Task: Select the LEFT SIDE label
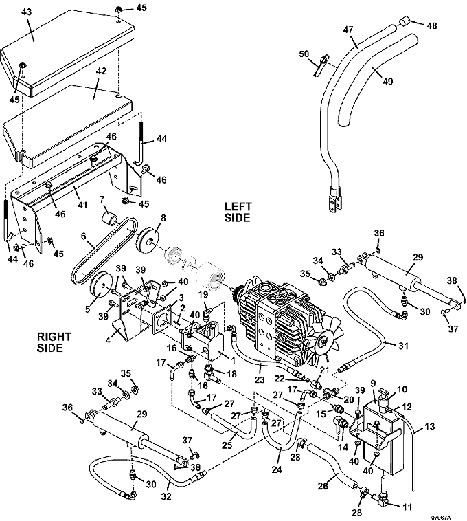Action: click(238, 212)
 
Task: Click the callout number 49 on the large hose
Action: click(388, 80)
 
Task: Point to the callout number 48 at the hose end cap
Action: click(431, 25)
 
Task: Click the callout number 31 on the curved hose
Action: click(390, 345)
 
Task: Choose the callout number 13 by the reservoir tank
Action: click(430, 427)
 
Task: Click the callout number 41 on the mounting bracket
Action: click(82, 205)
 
